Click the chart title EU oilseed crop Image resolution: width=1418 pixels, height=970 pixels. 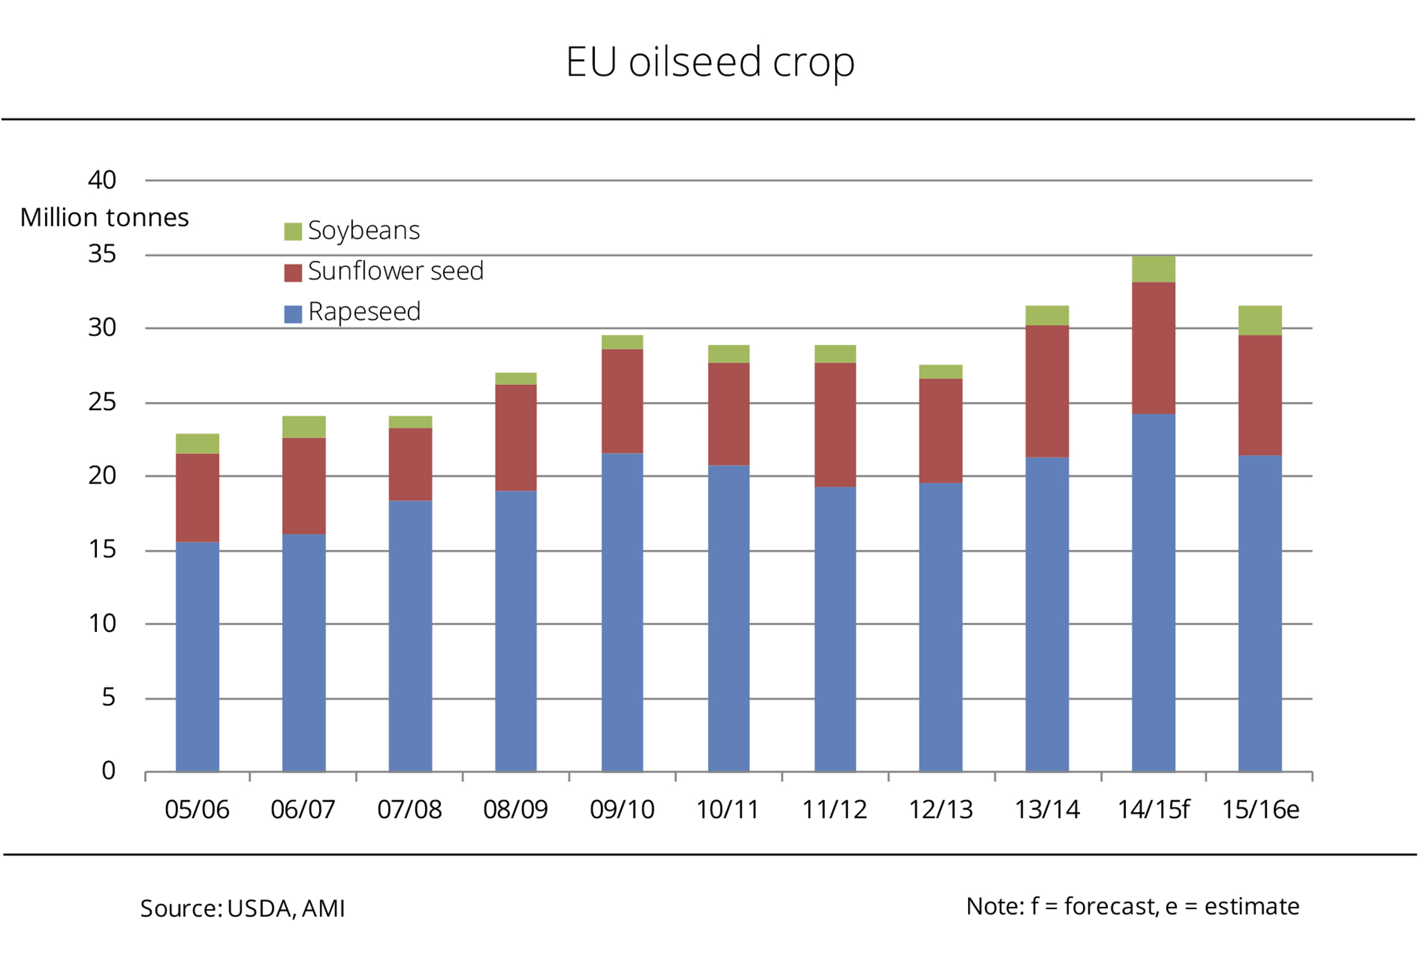click(710, 62)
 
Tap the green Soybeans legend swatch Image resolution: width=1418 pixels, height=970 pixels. click(293, 231)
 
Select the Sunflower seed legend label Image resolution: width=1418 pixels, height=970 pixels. click(395, 271)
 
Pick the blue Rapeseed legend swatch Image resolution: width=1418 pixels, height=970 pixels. click(293, 314)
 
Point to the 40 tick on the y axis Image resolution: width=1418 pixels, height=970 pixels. click(102, 181)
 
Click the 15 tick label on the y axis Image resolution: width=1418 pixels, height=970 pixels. click(102, 550)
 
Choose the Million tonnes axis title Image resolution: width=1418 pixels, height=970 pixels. click(105, 218)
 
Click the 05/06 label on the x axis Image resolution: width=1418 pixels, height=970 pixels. click(197, 810)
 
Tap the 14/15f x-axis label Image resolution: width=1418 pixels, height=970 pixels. click(1153, 810)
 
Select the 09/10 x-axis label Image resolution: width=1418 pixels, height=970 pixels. click(622, 810)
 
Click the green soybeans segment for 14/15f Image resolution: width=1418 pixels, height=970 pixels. click(1154, 270)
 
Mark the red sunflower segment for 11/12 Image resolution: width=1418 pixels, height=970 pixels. click(835, 425)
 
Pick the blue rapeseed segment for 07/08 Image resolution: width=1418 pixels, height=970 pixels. click(410, 636)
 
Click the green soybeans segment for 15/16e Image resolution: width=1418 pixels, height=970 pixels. click(1259, 321)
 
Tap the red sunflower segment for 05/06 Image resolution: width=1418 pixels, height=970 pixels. click(197, 498)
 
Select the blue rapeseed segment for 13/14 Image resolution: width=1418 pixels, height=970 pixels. click(1047, 614)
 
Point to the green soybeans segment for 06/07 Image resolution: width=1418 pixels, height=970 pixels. click(304, 427)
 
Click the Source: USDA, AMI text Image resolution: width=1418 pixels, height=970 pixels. click(242, 908)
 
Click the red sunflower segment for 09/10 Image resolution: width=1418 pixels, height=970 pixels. click(622, 402)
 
